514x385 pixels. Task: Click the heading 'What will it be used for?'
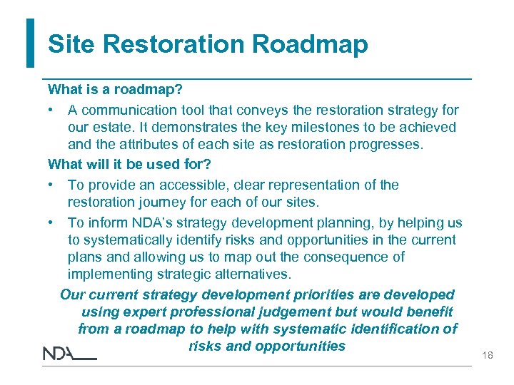pyautogui.click(x=129, y=164)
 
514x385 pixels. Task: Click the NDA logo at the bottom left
pyautogui.click(x=69, y=354)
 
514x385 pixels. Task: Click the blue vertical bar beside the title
pyautogui.click(x=30, y=43)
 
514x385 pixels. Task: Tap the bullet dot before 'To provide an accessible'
pyautogui.click(x=52, y=185)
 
